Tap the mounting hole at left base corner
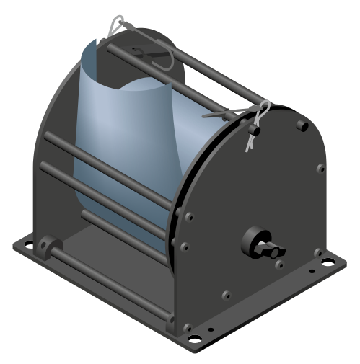point(27,244)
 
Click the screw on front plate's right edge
point(320,169)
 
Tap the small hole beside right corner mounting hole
point(312,272)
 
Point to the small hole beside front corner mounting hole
point(211,330)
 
